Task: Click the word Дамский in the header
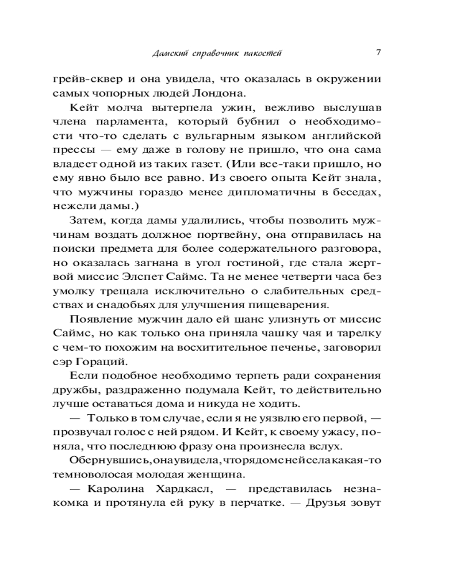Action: (x=167, y=54)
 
